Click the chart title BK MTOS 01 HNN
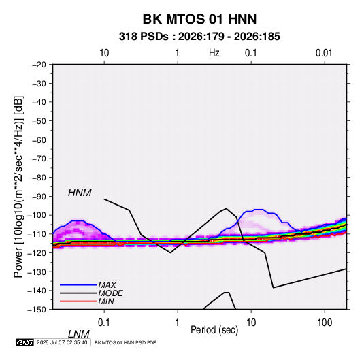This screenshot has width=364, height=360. click(x=199, y=19)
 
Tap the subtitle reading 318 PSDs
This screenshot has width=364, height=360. click(x=144, y=37)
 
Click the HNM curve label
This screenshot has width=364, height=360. click(x=80, y=193)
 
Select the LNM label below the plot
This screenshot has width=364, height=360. click(x=79, y=334)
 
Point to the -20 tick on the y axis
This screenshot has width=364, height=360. click(x=39, y=65)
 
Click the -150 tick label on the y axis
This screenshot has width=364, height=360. click(x=37, y=310)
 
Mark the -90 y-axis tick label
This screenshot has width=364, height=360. click(x=39, y=196)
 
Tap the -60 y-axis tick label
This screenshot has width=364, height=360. click(x=39, y=140)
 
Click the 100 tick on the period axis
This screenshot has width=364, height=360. click(x=325, y=323)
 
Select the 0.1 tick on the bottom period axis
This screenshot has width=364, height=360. click(x=104, y=323)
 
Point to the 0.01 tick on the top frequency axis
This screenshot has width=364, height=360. click(x=324, y=53)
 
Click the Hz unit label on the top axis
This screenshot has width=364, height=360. click(x=214, y=53)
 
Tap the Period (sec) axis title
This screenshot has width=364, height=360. click(x=214, y=330)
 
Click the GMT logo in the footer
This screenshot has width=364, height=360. click(x=24, y=342)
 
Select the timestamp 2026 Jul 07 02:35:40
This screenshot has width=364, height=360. click(x=62, y=342)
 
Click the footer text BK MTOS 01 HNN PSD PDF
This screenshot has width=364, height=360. click(x=125, y=342)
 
